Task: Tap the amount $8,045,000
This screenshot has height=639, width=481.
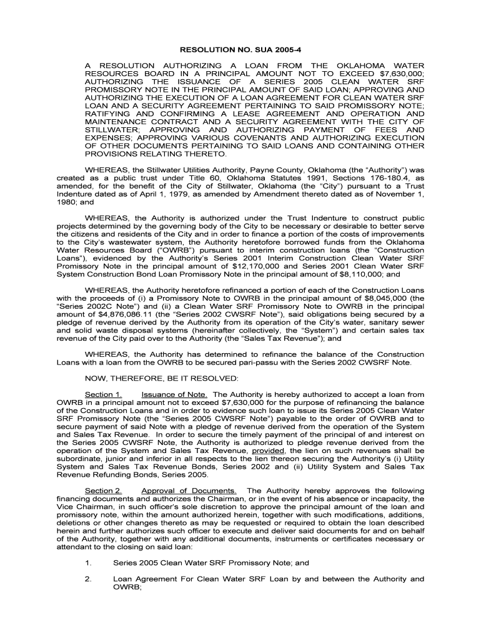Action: (368, 298)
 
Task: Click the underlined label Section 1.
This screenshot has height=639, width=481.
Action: (103, 394)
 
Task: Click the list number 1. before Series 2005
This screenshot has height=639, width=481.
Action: (88, 562)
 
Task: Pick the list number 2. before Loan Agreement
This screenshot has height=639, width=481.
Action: (88, 578)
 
